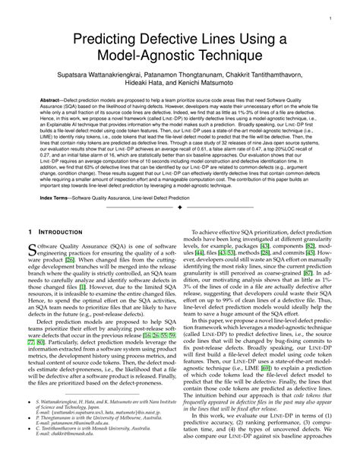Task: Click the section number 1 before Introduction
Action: coord(28,231)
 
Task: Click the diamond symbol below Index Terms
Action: coord(179,207)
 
